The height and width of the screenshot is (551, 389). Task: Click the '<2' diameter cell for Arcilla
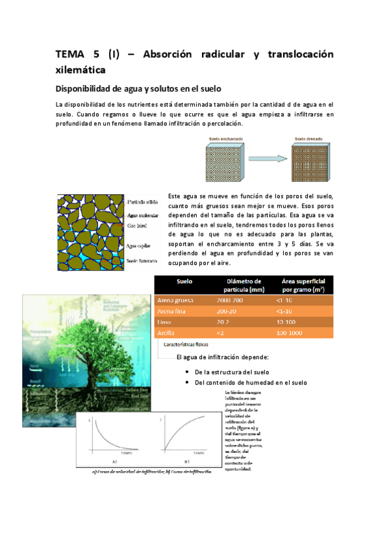[220, 333]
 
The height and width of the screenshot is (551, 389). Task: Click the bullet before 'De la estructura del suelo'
[186, 372]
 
